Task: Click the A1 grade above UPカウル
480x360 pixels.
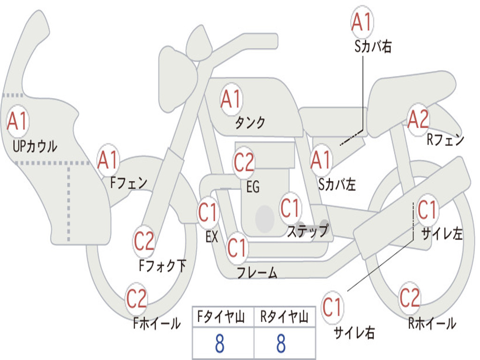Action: click(x=18, y=122)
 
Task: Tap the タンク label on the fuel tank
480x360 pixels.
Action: click(x=250, y=123)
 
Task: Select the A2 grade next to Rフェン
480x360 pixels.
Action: click(x=418, y=120)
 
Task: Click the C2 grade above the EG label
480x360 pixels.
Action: click(x=244, y=162)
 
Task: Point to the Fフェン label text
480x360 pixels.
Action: click(x=129, y=183)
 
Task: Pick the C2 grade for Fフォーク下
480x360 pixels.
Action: click(x=144, y=241)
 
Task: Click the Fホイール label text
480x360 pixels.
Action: click(x=157, y=323)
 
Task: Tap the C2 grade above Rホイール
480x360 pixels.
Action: click(x=410, y=298)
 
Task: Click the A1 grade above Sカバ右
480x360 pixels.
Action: click(x=361, y=22)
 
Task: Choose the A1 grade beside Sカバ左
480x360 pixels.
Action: click(x=321, y=160)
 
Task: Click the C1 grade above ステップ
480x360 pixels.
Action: click(x=290, y=207)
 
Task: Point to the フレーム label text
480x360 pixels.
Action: click(x=257, y=273)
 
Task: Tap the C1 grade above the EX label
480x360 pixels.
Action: click(x=208, y=212)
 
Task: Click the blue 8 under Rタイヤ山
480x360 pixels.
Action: click(x=281, y=344)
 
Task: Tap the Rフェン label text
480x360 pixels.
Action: click(x=445, y=140)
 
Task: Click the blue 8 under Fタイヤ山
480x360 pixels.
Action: click(x=219, y=344)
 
